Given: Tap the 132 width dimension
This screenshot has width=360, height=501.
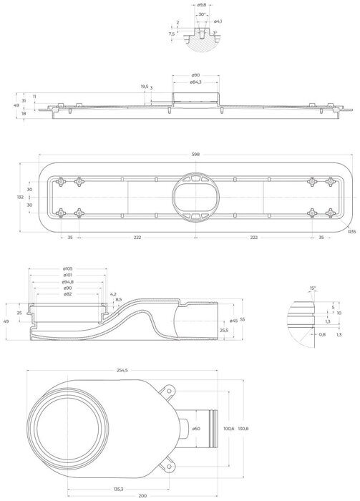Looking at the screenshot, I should pyautogui.click(x=20, y=197).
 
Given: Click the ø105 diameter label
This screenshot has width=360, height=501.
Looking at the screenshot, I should pyautogui.click(x=67, y=268).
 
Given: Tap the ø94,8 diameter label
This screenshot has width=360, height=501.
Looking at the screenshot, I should pyautogui.click(x=67, y=281).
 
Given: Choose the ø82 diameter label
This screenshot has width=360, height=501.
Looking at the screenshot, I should pyautogui.click(x=67, y=294).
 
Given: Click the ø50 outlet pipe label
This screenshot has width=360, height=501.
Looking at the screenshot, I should pyautogui.click(x=195, y=427).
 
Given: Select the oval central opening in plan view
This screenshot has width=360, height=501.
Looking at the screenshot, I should pyautogui.click(x=194, y=198).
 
